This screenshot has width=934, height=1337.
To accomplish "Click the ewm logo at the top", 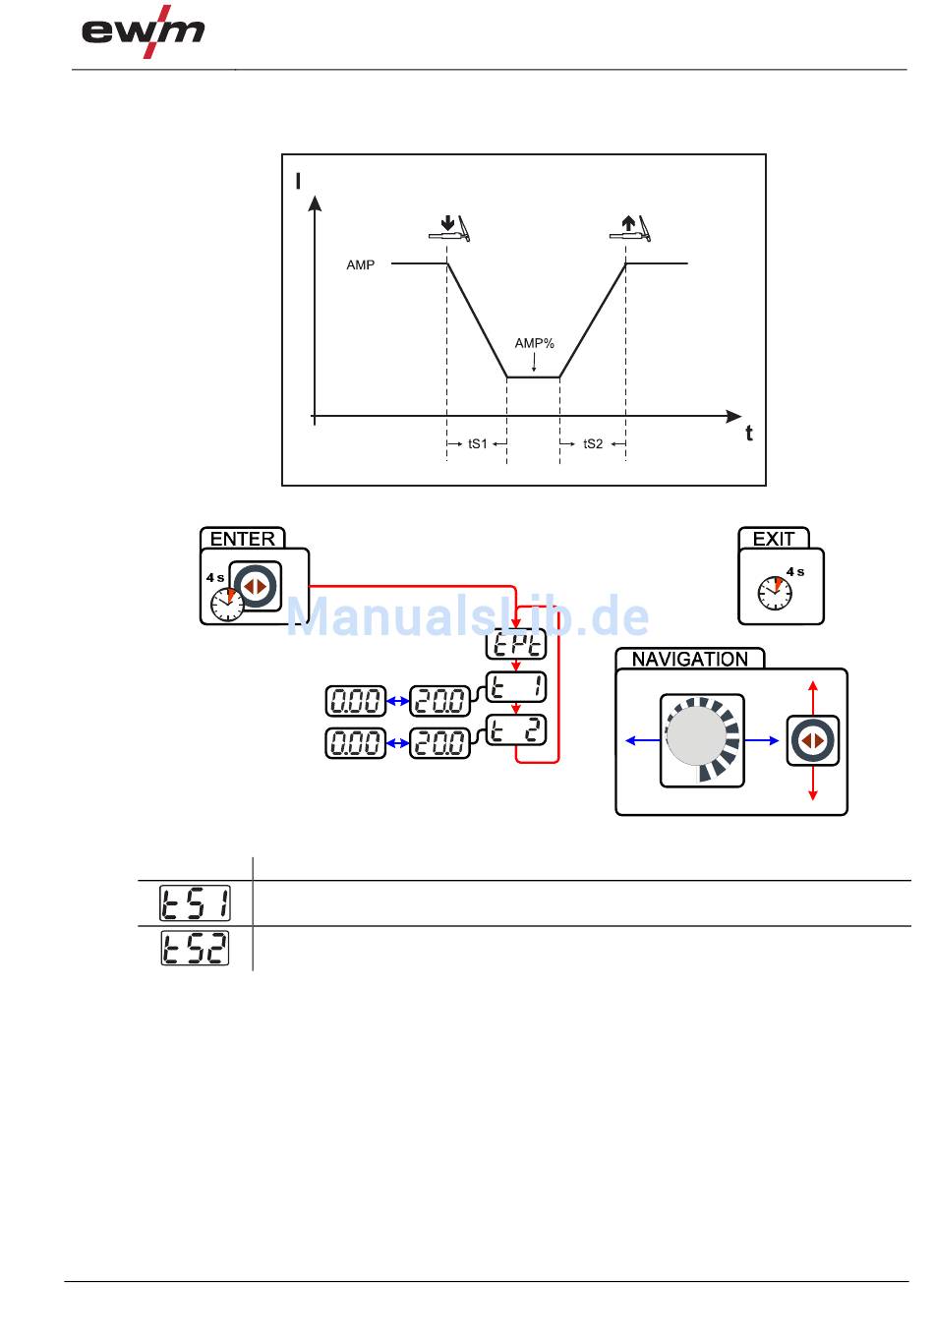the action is [x=143, y=31].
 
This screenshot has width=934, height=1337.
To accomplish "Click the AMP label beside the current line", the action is [x=361, y=265].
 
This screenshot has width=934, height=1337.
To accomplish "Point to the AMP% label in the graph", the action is [x=534, y=343].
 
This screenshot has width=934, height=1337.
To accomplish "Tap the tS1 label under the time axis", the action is [x=478, y=443].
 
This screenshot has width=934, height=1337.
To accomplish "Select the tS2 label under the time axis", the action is [x=593, y=443].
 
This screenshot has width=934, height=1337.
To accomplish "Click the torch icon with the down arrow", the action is [x=449, y=229].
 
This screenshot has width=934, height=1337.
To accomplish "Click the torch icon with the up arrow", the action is [x=630, y=229].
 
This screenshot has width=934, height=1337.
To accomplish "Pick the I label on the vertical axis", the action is [x=298, y=181].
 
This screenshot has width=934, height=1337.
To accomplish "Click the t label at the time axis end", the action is [x=748, y=434].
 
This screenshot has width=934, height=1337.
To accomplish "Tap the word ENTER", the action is [x=242, y=539].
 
